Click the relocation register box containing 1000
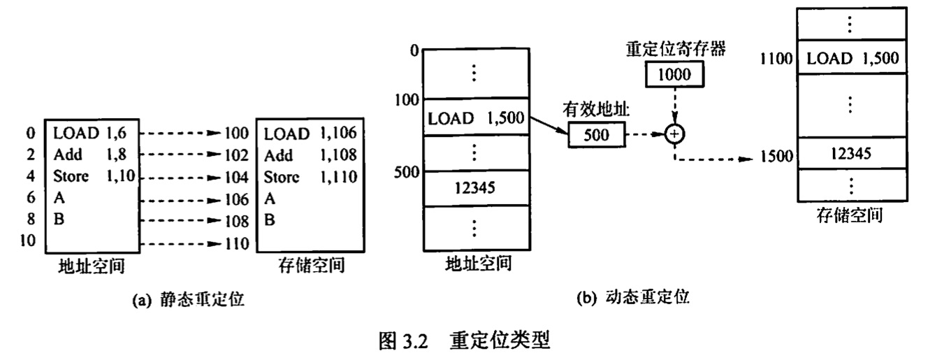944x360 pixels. pos(674,74)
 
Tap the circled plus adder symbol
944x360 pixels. pos(674,134)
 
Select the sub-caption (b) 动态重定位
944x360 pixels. pos(632,298)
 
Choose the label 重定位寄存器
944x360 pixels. pos(674,50)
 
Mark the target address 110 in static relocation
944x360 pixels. pos(237,244)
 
